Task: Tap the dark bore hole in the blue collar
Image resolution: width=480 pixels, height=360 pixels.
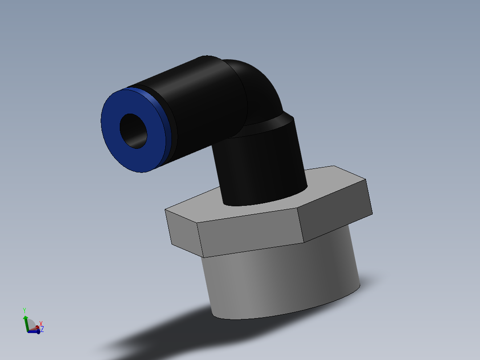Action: tap(133, 131)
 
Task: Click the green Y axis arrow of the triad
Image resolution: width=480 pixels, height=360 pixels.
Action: tap(25, 320)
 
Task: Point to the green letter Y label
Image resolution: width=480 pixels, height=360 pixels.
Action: tap(24, 310)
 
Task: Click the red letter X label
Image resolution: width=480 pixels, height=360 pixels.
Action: tap(41, 323)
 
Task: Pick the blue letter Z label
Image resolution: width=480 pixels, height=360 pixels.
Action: tap(42, 329)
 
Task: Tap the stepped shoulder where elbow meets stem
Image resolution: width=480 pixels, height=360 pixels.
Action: tap(276, 123)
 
